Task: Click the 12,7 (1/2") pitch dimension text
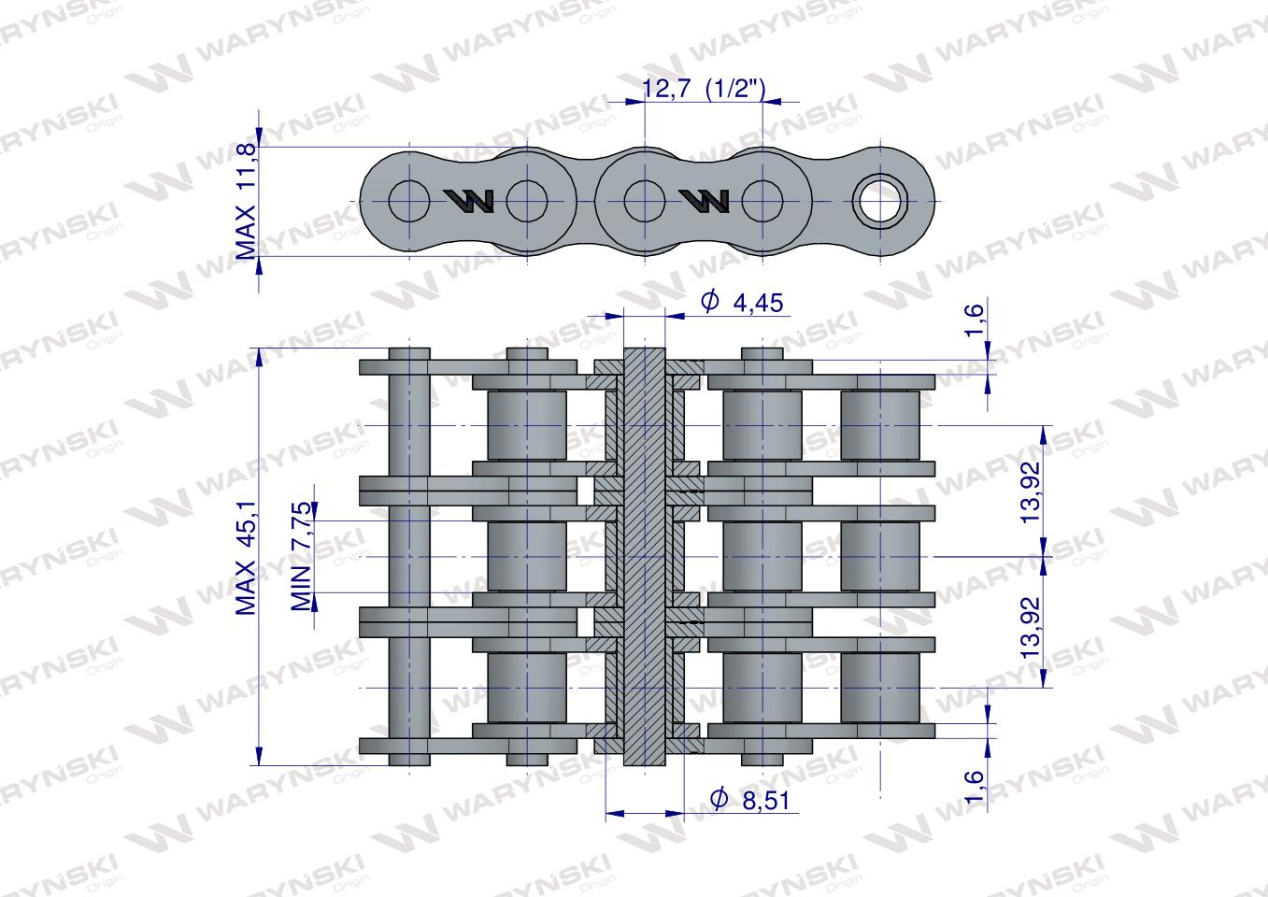705,89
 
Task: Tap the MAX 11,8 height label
246,201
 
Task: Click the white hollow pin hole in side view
879,200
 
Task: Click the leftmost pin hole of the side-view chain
408,200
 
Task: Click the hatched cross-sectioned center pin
644,557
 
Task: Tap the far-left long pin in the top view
408,557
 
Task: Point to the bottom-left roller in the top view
527,688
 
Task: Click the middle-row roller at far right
879,557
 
